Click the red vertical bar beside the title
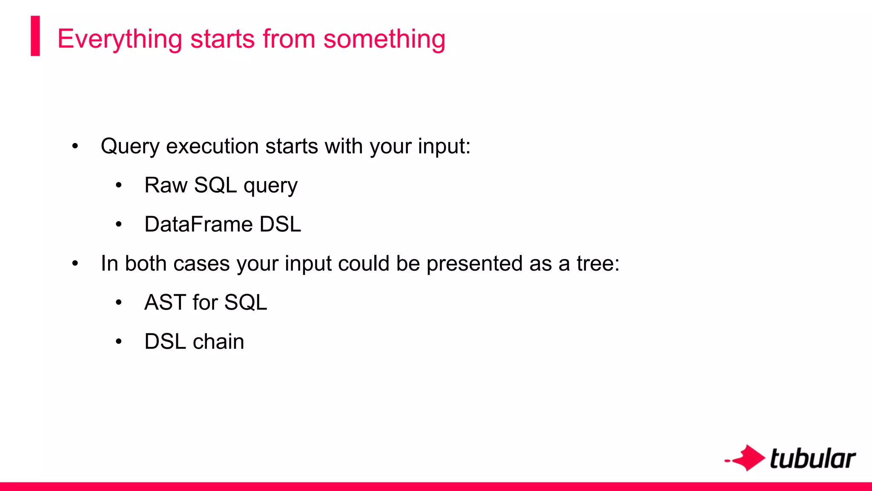35,36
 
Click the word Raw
166,185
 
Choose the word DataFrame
198,224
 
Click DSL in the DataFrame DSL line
280,224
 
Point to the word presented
474,264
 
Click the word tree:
598,263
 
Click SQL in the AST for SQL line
246,303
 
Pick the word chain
218,342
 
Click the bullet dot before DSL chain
119,342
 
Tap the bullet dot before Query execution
75,147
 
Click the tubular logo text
812,459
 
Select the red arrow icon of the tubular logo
747,458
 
